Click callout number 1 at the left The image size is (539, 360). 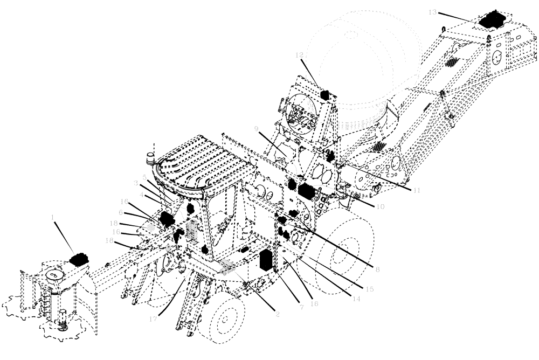coord(53,216)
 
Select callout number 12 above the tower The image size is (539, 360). coord(300,55)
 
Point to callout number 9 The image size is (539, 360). coord(257,128)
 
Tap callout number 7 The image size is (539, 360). coord(301,307)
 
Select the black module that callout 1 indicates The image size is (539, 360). coord(80,260)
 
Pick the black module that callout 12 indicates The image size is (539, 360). coord(325,95)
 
